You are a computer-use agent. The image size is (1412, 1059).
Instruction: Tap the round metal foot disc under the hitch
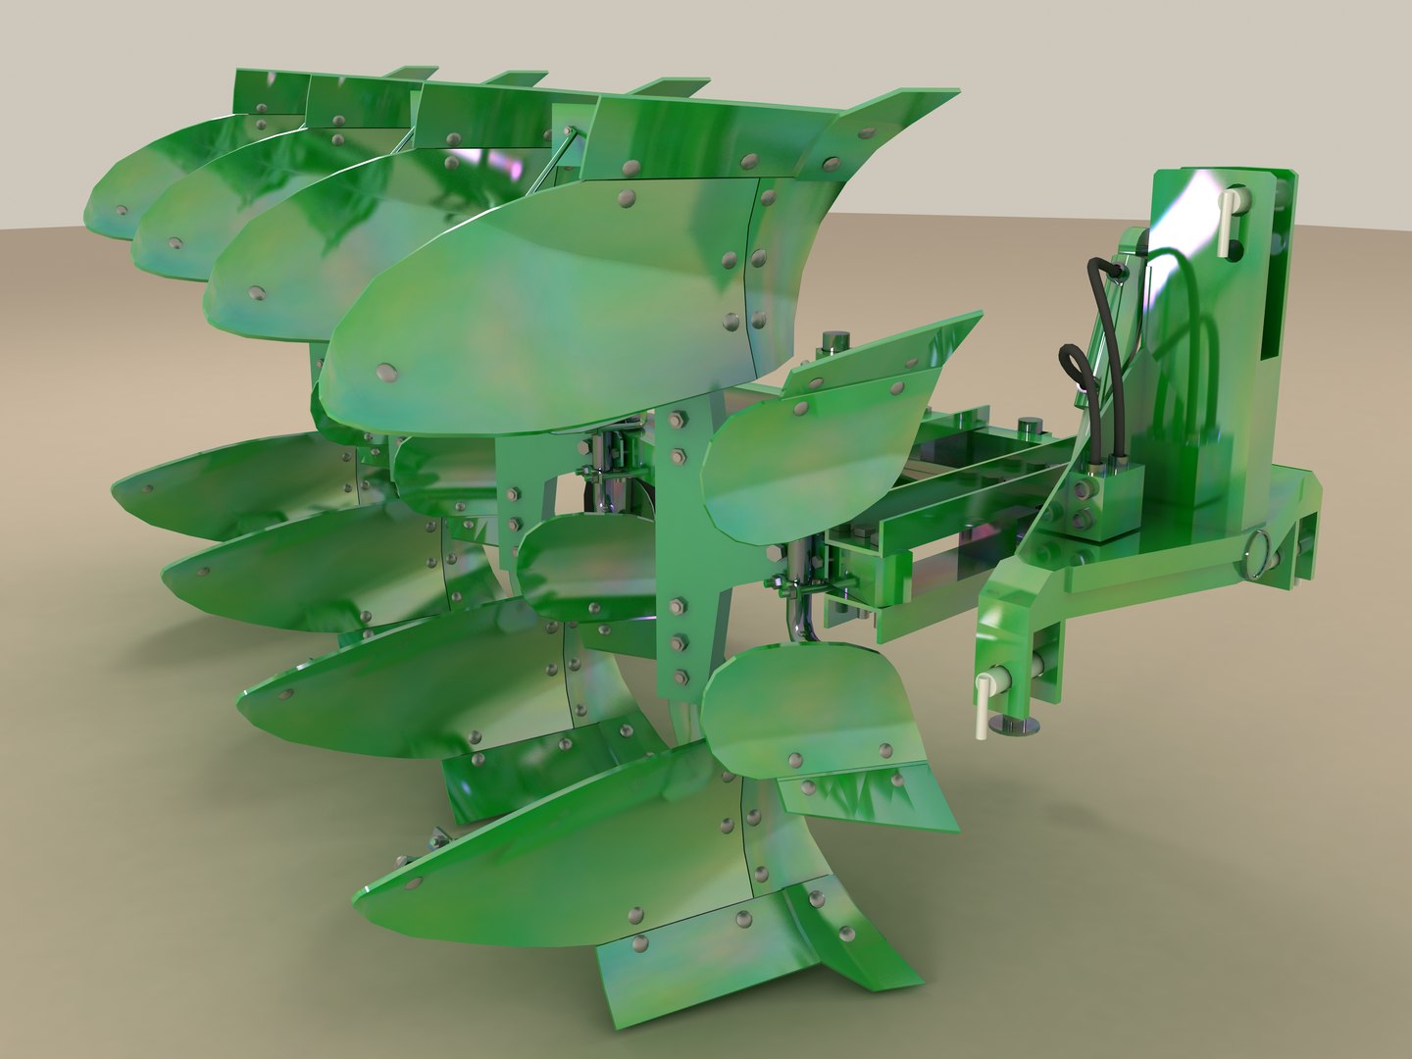point(1015,726)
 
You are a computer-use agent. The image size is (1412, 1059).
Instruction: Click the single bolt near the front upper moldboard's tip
point(384,371)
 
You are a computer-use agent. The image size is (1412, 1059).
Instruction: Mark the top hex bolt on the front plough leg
point(675,421)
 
